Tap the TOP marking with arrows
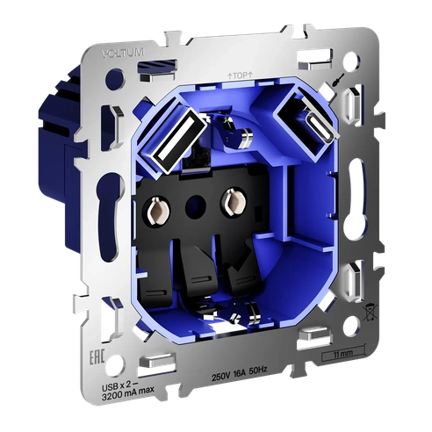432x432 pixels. coord(238,76)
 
